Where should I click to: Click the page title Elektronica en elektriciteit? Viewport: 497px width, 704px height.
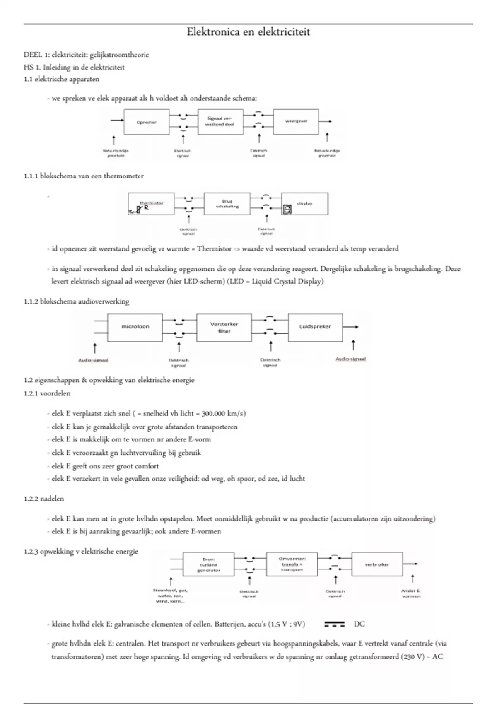248,32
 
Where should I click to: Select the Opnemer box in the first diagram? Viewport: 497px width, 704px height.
147,122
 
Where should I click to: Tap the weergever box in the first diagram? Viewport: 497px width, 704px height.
296,122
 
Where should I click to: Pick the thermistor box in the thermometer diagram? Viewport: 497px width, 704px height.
151,204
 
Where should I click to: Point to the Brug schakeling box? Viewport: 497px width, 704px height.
227,204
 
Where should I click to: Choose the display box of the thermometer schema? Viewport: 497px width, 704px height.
304,204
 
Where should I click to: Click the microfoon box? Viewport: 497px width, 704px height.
135,327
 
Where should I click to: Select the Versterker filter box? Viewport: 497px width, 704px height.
224,327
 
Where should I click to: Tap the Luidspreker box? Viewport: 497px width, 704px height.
315,327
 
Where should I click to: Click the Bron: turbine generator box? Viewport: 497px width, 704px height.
208,565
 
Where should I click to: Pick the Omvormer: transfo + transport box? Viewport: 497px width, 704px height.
292,564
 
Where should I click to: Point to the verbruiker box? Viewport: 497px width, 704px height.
377,564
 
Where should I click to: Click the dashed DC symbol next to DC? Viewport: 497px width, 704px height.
334,624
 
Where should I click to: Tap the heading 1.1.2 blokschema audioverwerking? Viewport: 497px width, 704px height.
76,301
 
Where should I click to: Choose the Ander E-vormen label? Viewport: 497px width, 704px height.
411,593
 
